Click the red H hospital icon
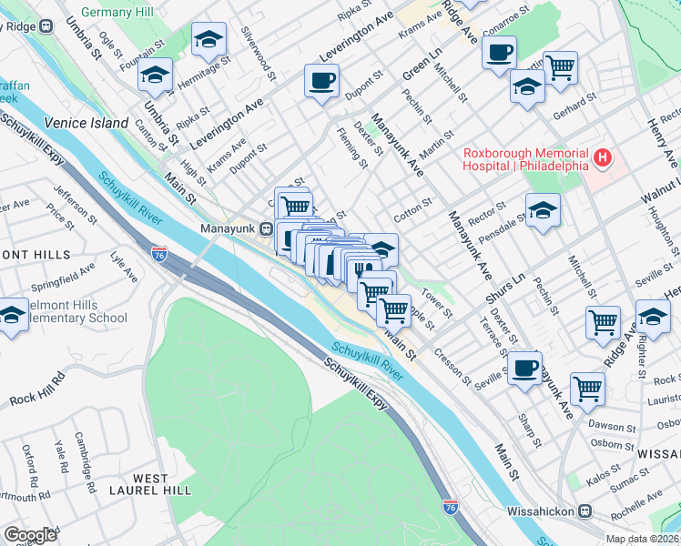click(602, 159)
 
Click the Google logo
click(30, 535)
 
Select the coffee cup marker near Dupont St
click(321, 82)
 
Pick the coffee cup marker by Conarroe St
click(499, 53)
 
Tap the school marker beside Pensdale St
click(543, 211)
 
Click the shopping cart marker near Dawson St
click(588, 388)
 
